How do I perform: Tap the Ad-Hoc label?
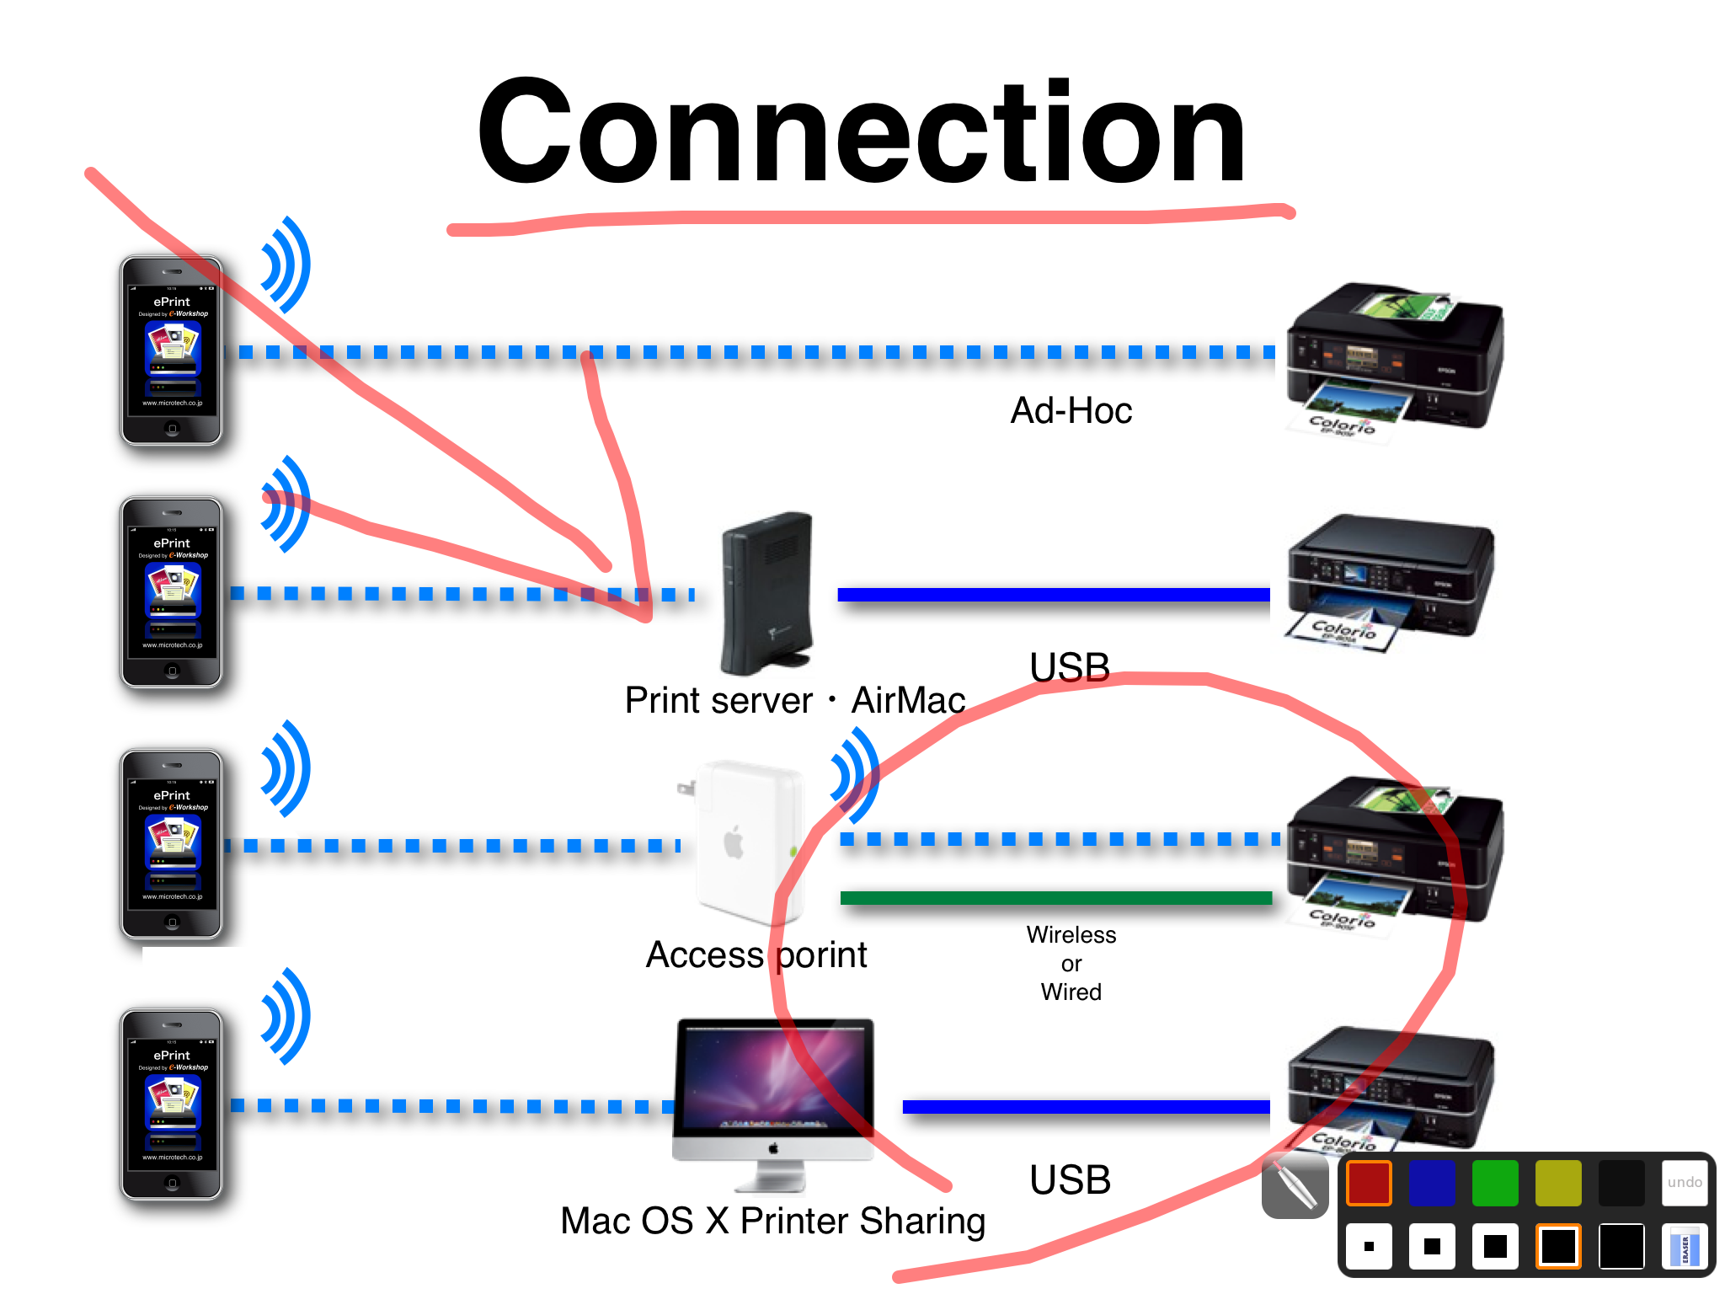1071,411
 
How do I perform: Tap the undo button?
1685,1182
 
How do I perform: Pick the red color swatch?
1369,1183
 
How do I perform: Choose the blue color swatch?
1432,1183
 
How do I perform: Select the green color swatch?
1495,1183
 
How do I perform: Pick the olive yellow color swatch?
1558,1183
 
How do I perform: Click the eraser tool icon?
1685,1247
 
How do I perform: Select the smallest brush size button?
1369,1247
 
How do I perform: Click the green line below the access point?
1055,898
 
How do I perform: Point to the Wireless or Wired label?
1071,963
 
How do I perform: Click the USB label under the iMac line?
1070,1180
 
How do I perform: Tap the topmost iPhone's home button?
172,429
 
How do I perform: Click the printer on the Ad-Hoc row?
1394,358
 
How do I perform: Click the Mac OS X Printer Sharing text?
772,1221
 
